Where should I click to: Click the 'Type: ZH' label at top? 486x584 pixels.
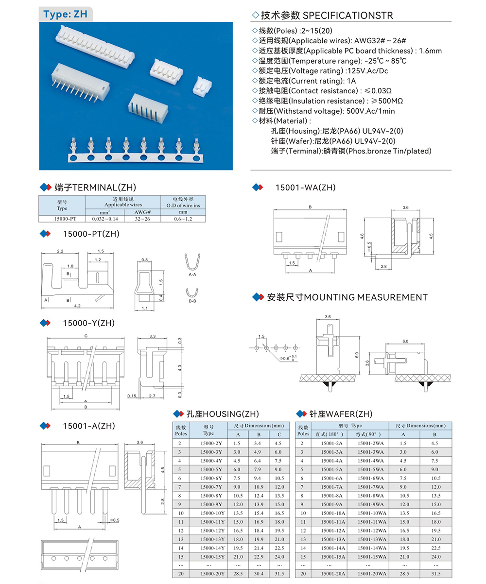[x=65, y=14]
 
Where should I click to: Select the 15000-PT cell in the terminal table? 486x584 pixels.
[x=62, y=219]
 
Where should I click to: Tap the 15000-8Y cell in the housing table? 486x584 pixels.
[x=212, y=495]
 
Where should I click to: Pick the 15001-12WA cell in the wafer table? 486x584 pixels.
[x=373, y=530]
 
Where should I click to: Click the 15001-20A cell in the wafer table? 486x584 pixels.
[x=333, y=574]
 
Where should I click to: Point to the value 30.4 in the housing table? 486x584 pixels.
[x=259, y=574]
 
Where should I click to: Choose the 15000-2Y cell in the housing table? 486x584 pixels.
[x=212, y=443]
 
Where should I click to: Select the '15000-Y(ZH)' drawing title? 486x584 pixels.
[x=88, y=323]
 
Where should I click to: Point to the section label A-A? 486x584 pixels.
[x=192, y=275]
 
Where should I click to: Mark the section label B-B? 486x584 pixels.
[x=192, y=301]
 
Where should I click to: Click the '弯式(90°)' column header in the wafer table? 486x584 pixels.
[x=373, y=434]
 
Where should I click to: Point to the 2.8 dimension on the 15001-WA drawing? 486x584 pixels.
[x=383, y=266]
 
